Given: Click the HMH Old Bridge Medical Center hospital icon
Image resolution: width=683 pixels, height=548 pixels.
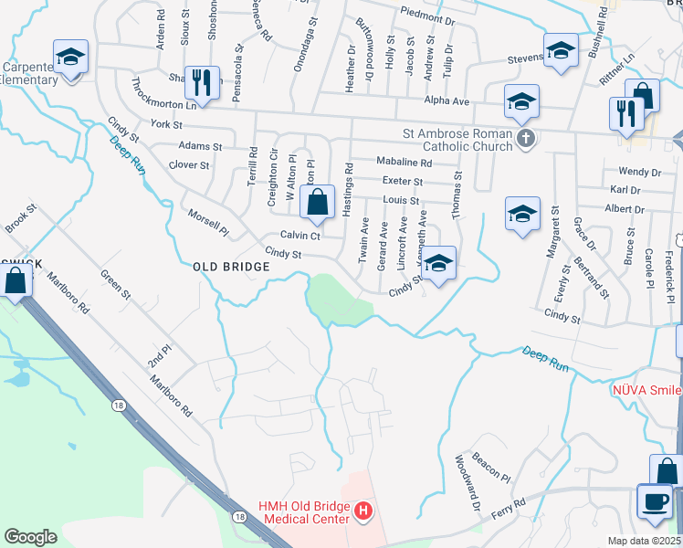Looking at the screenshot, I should (363, 511).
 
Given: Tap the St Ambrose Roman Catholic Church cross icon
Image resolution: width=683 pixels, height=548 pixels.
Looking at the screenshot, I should (525, 139).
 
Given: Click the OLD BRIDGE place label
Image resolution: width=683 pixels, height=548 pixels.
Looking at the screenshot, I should (231, 267).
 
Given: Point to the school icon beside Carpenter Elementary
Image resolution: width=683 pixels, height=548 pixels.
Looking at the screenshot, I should (70, 58).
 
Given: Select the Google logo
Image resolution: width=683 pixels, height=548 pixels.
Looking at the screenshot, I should (30, 537).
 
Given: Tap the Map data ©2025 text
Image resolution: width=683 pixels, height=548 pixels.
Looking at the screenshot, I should (645, 542).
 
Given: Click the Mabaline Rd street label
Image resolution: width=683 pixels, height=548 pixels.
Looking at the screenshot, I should (404, 162).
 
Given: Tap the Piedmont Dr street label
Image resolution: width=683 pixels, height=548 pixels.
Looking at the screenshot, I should (426, 17).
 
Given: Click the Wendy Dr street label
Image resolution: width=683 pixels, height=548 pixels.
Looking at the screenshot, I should (639, 172).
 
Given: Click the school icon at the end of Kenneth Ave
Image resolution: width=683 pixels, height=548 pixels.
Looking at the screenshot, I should (439, 265).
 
